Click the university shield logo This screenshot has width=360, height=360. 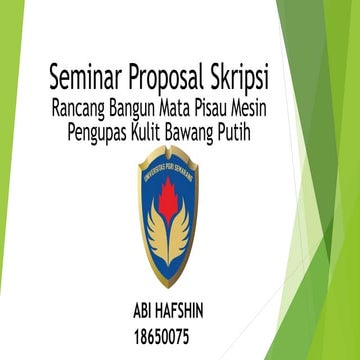pyautogui.click(x=171, y=214)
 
